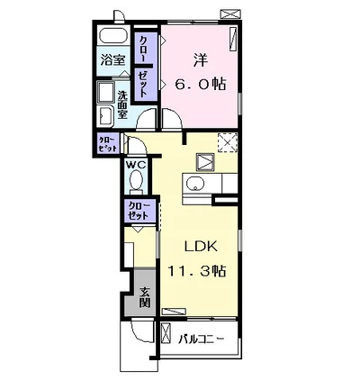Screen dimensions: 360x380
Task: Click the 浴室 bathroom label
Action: coord(112,60)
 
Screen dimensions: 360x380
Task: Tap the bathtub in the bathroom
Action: coord(113,36)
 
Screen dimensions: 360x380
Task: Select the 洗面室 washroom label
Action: coord(122,104)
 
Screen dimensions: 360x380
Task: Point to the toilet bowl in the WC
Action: coord(137,180)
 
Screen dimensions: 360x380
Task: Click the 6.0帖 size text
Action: coord(200,84)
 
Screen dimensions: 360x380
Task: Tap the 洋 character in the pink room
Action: coord(200,60)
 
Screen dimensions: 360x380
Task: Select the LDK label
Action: coord(201,247)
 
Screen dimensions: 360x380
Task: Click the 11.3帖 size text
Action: coord(196,271)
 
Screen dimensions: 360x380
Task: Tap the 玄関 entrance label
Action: coord(145,297)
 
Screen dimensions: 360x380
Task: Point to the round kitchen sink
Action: coord(194,183)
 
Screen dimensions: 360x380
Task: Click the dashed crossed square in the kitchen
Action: coord(228,143)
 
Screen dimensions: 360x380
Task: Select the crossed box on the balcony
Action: coord(166,333)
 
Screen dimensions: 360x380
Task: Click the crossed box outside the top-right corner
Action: coord(230,14)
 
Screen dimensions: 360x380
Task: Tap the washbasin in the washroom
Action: coord(105,115)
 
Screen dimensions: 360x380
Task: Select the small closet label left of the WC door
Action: coord(108,144)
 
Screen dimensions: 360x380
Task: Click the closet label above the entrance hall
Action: coord(139,211)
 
